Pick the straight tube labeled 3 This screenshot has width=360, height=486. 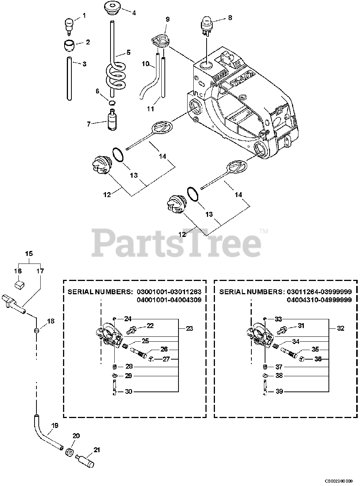[69, 78]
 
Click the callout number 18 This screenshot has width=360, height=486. [51, 321]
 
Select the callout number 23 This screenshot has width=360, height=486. [189, 328]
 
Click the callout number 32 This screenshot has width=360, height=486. [340, 328]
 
